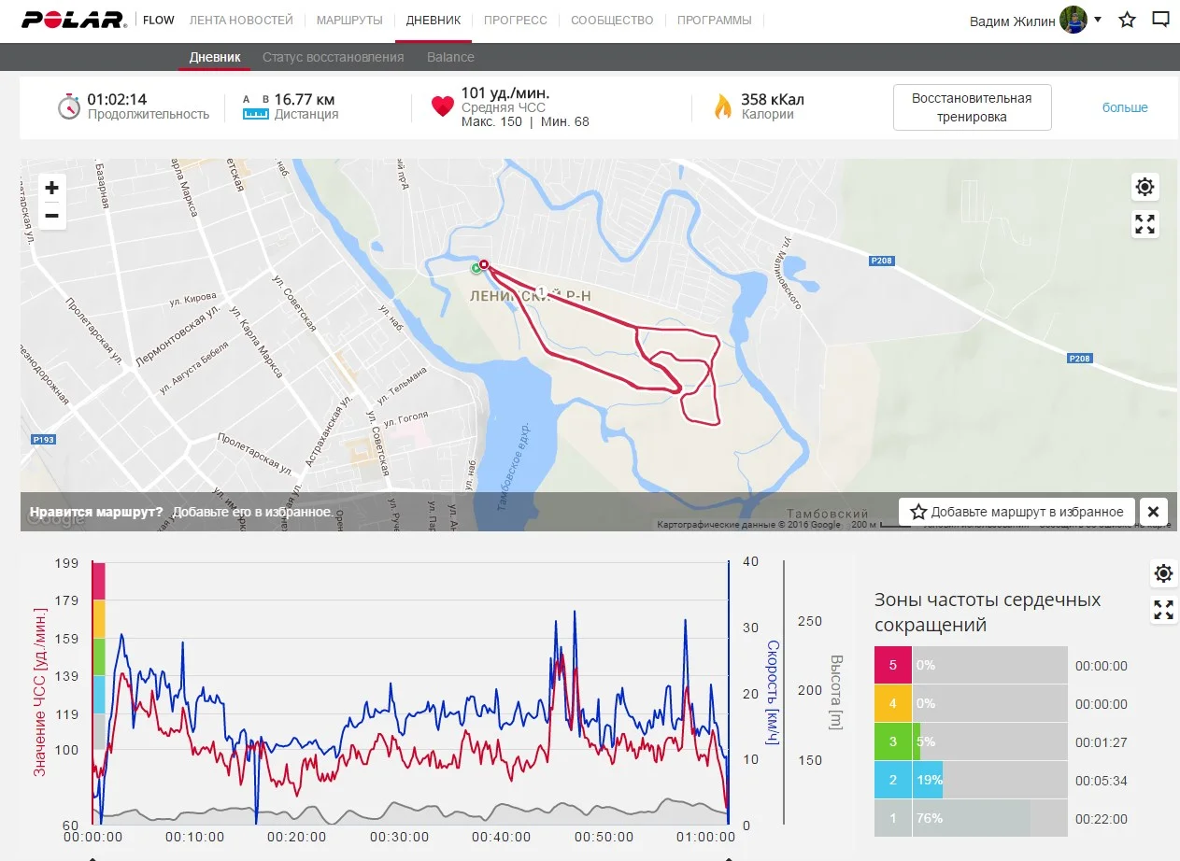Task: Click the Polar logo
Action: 75,20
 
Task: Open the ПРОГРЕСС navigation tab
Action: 516,20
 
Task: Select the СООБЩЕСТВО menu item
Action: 612,20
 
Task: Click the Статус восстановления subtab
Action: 333,57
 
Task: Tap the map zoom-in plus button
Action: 52,188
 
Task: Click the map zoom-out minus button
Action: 52,216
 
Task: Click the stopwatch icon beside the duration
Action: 69,106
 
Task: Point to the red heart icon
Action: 442,106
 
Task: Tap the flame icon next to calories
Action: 722,106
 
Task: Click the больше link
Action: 1125,107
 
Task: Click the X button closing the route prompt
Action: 1153,512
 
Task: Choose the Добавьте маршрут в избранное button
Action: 1017,512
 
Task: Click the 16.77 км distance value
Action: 305,99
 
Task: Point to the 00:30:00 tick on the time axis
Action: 401,838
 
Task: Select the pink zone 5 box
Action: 893,666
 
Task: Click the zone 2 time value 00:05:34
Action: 1101,781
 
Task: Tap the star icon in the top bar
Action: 1128,20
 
